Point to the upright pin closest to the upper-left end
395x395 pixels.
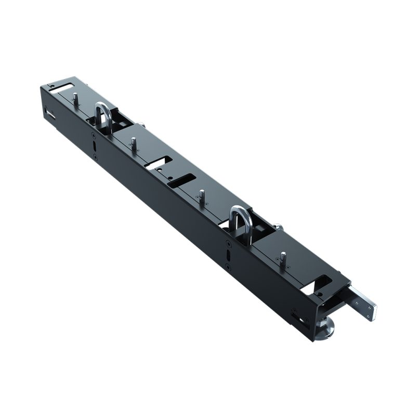click(76, 99)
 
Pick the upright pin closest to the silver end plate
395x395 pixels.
click(283, 258)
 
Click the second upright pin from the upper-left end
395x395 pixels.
click(134, 143)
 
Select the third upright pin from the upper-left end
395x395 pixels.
click(202, 196)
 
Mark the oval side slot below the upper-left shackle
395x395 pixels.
click(94, 145)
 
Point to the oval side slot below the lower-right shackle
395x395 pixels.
click(229, 255)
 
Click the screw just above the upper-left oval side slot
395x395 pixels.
click(93, 134)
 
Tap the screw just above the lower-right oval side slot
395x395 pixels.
click(228, 243)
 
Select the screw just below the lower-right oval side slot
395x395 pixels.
click(229, 267)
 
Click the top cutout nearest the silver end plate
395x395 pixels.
click(322, 283)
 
